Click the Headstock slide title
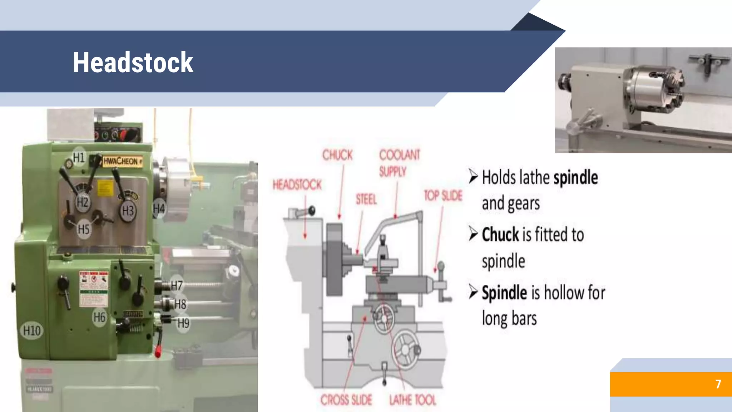(133, 63)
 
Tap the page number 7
(718, 384)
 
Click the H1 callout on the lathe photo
(79, 157)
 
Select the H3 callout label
(128, 211)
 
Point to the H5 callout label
(84, 229)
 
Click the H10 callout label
(32, 330)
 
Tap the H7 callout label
(177, 285)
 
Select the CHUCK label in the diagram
(337, 155)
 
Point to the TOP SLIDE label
(443, 196)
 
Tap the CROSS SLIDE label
(346, 400)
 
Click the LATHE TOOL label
(413, 400)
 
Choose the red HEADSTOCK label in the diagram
(297, 185)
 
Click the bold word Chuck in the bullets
(500, 235)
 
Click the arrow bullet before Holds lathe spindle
(473, 176)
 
